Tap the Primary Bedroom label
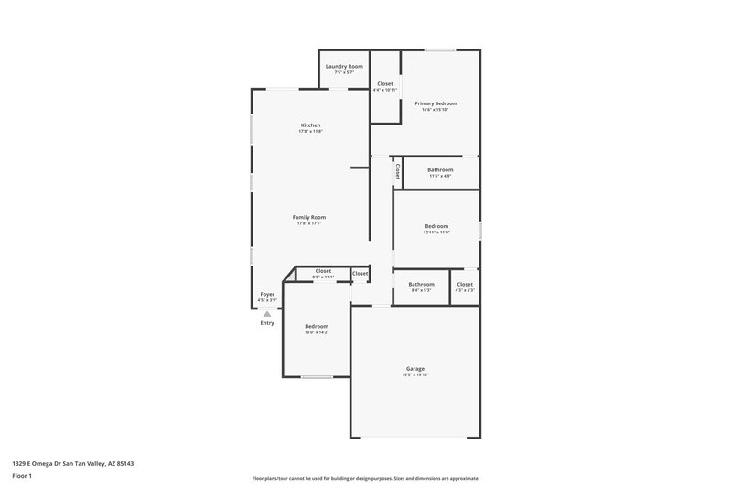pos(436,103)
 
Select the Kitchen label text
pos(310,125)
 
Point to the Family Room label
pos(309,217)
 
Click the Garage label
pos(414,368)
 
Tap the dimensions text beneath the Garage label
pos(414,374)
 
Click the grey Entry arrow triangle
pos(267,313)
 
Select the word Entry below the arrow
pos(267,323)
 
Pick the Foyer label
pos(267,294)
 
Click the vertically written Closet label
pos(397,170)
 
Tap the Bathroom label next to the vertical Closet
pos(440,169)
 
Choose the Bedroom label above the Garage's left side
pos(317,326)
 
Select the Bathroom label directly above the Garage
pos(421,284)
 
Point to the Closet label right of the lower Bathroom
pos(465,284)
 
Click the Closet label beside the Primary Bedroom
pos(385,83)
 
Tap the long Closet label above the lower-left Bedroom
pos(323,270)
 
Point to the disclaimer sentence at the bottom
pos(366,478)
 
